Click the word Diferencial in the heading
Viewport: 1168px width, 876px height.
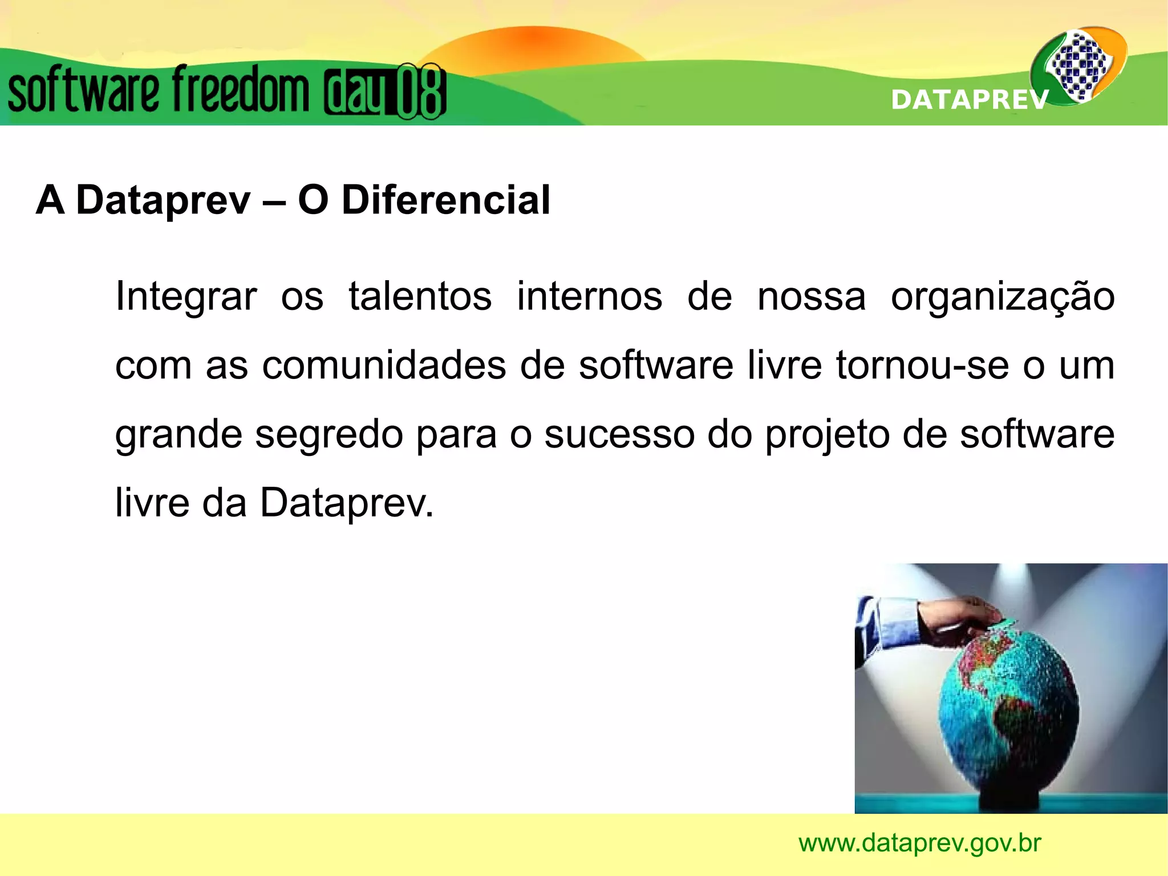[x=445, y=200]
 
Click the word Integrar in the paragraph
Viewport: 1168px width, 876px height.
[x=185, y=297]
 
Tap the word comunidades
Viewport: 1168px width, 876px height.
[x=384, y=365]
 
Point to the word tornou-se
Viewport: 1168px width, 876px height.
[x=923, y=365]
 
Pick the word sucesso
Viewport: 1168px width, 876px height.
[x=619, y=435]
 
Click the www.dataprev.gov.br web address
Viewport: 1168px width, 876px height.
[x=919, y=843]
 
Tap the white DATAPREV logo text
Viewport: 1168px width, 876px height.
[x=969, y=100]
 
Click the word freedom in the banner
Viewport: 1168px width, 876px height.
[x=240, y=90]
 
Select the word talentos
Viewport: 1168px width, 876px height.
[x=420, y=297]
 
